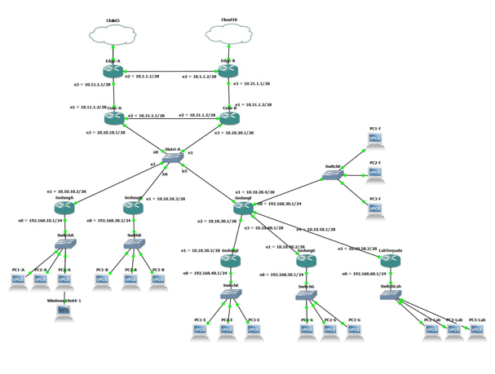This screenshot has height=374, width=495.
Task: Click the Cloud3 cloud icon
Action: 113,33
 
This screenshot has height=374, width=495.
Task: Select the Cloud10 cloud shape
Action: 229,33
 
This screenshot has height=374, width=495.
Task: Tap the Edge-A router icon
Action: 113,72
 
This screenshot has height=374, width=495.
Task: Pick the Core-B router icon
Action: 229,118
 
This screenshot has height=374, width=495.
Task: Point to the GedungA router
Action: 64,208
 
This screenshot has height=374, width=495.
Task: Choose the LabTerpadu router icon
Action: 391,262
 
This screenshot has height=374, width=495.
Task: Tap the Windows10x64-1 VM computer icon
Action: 64,312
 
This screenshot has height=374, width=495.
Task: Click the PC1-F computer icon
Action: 375,139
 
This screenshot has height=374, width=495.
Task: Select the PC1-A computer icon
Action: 19,280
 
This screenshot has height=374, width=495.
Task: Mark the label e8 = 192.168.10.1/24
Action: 41,221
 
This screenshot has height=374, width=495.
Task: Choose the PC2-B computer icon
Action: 130,280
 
